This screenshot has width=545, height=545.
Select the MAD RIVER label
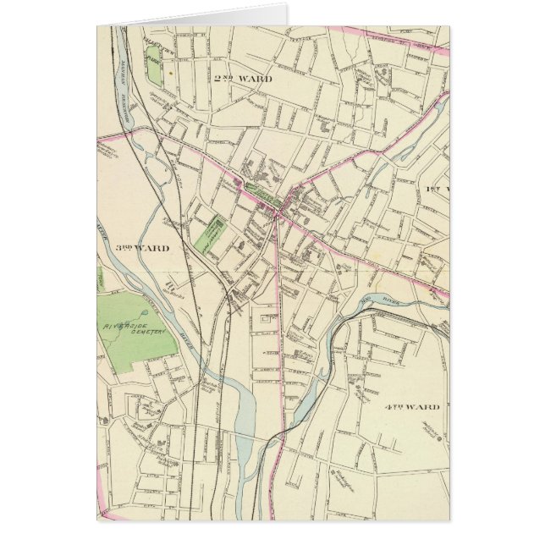pos(371,301)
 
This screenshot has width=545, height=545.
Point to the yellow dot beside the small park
pos(170,73)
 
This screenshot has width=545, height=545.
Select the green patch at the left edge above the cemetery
pos(99,278)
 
